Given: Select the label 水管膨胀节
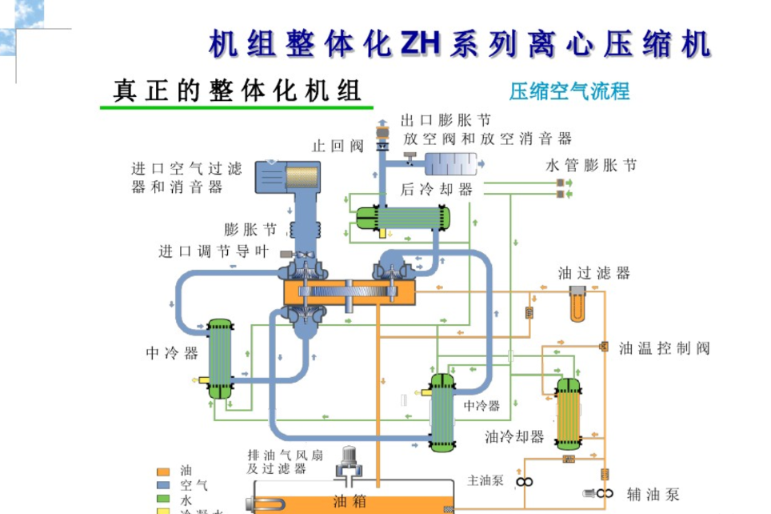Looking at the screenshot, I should [591, 167].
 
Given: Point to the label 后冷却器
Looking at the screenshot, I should [437, 190].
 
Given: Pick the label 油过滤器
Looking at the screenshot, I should [594, 273].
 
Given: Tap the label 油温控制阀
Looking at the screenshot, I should [664, 347].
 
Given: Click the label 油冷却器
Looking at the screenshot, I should [514, 437].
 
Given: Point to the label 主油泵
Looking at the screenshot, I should [485, 480].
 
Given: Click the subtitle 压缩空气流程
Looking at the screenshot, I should [569, 90].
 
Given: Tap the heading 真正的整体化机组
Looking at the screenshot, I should [237, 90].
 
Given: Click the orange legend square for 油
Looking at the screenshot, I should [163, 472].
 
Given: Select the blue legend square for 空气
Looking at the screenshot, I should [163, 485].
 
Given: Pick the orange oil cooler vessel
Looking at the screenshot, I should [569, 413].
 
